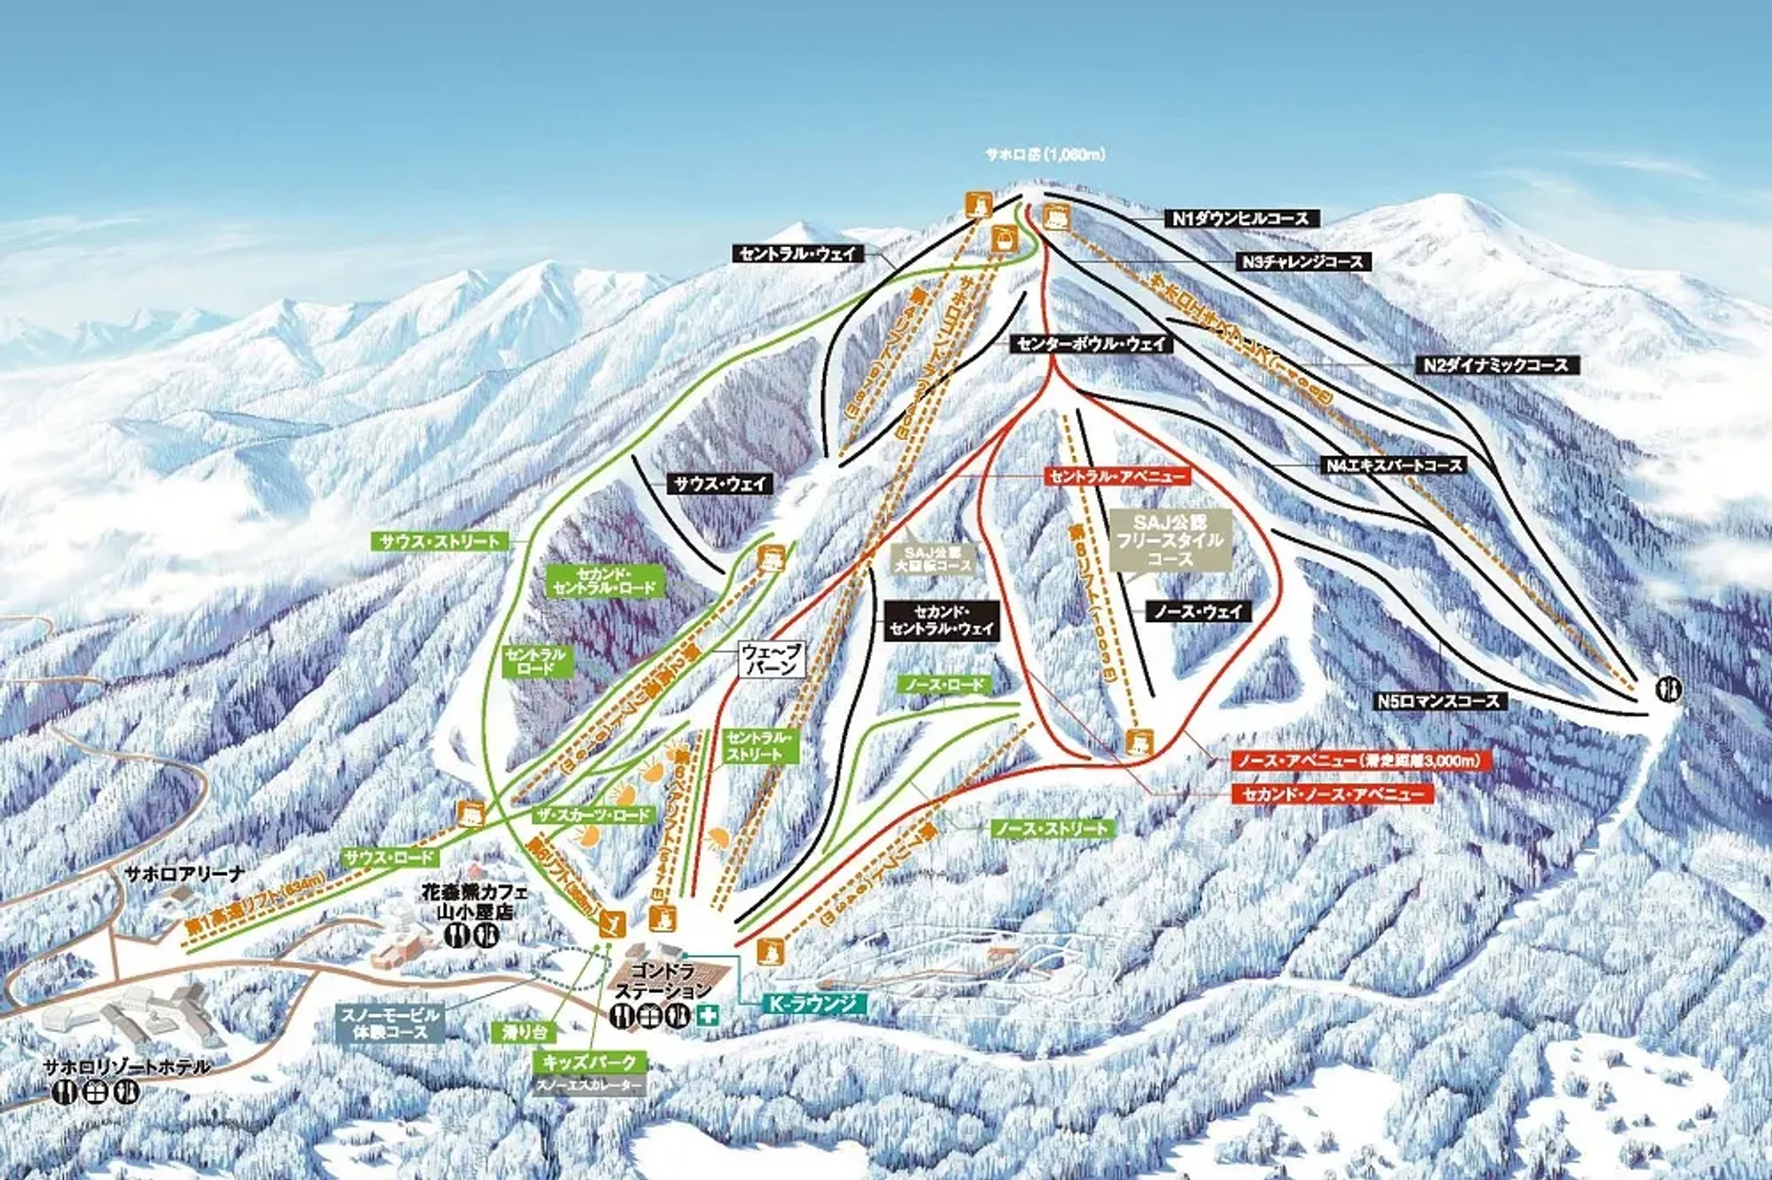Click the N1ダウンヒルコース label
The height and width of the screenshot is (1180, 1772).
[1240, 218]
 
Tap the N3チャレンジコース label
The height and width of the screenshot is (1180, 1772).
[1302, 261]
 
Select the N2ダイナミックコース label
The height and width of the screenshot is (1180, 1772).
[1496, 364]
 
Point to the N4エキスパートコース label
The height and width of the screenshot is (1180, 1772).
[1393, 465]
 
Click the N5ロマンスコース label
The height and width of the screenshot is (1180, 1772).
[1439, 701]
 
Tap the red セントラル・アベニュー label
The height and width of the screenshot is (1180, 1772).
[1116, 477]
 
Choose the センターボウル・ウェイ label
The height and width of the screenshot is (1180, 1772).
[1092, 344]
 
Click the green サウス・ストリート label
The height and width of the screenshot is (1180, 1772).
[440, 541]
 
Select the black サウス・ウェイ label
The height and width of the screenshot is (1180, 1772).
[719, 484]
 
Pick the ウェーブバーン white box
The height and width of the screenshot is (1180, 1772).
[772, 660]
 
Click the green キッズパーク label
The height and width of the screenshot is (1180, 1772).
[589, 1061]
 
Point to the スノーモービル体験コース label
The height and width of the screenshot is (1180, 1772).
[390, 1023]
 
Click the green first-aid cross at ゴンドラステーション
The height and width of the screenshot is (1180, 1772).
[708, 1016]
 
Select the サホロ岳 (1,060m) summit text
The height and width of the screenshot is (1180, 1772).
[1045, 154]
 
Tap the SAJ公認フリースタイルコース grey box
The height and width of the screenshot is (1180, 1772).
[1170, 540]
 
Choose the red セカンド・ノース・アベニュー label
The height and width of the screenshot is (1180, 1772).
[1332, 794]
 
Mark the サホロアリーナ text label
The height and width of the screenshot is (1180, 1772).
[183, 873]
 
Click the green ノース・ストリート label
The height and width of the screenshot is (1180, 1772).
[1050, 828]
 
